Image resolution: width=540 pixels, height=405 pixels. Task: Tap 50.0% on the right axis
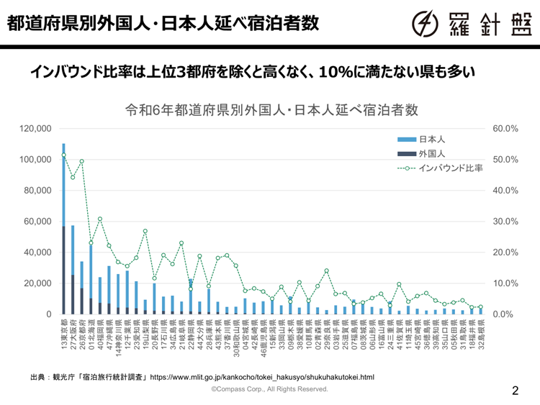pos(505,160)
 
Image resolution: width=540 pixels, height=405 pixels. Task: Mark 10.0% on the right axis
pos(505,283)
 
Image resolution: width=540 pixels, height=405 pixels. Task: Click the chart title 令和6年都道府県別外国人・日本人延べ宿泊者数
pos(271,110)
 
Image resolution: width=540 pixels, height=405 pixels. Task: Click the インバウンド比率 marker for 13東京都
pos(63,155)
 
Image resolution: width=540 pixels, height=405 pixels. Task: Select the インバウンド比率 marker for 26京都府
pos(81,162)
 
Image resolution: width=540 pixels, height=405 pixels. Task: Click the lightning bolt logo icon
pos(426,24)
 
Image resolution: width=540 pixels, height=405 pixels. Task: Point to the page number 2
pos(515,391)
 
